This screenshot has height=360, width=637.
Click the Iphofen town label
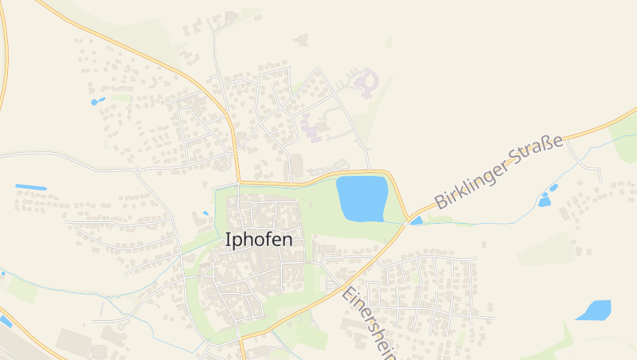click(x=259, y=239)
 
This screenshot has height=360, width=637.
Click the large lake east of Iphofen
click(x=361, y=199)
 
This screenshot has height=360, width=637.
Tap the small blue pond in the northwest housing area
click(x=97, y=102)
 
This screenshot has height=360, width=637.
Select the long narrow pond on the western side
click(x=31, y=187)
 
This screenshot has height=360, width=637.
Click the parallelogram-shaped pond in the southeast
click(x=594, y=310)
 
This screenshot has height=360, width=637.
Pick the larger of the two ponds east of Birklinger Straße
click(x=544, y=201)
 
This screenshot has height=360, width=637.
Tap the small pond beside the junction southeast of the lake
click(x=416, y=221)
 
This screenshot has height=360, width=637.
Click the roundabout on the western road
click(x=137, y=170)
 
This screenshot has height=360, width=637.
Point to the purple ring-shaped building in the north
click(x=367, y=81)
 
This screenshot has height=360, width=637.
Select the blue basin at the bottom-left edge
click(x=6, y=321)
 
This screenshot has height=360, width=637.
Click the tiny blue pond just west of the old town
click(x=205, y=213)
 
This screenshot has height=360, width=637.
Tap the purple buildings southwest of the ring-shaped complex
click(x=312, y=127)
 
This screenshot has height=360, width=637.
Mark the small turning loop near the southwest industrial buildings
click(x=121, y=327)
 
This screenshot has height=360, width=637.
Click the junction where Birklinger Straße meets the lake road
click(x=407, y=217)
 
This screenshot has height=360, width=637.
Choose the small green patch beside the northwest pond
click(x=121, y=97)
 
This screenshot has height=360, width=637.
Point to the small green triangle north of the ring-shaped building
click(x=389, y=42)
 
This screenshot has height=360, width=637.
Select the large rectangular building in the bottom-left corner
click(x=72, y=341)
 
